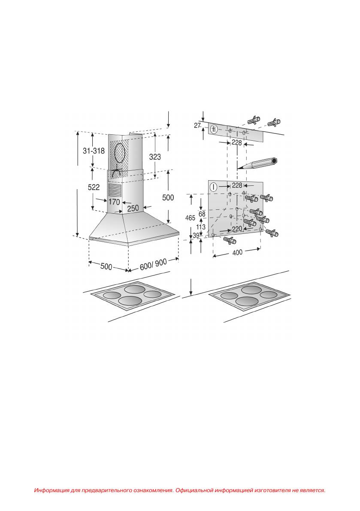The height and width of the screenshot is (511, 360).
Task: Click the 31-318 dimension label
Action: point(94,151)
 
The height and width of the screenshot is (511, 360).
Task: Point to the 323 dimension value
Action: point(155,157)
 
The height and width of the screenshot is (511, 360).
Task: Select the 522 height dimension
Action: point(94,187)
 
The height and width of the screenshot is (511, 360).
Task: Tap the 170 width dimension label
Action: point(114,202)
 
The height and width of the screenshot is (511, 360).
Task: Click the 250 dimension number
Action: point(133,208)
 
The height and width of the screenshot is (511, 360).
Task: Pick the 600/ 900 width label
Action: point(154,264)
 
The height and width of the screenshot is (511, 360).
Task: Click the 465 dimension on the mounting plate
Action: point(190,218)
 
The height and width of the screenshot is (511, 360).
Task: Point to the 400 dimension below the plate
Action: point(238,252)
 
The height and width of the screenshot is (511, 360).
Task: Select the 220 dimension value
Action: point(237,229)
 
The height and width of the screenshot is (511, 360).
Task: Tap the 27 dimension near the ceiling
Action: point(197,125)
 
